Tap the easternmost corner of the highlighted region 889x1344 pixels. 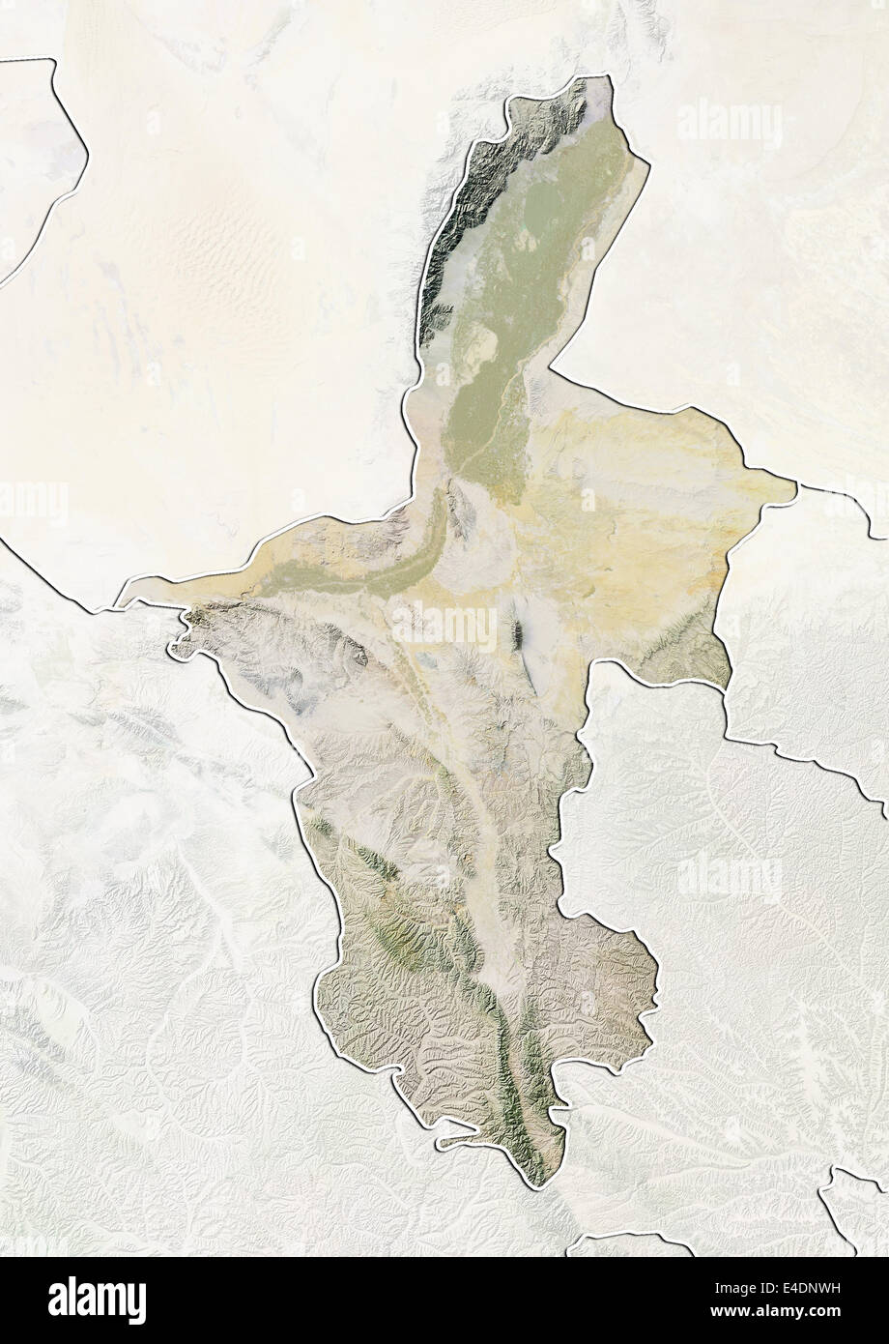coord(795,489)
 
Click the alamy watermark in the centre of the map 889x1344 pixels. coord(444,626)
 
